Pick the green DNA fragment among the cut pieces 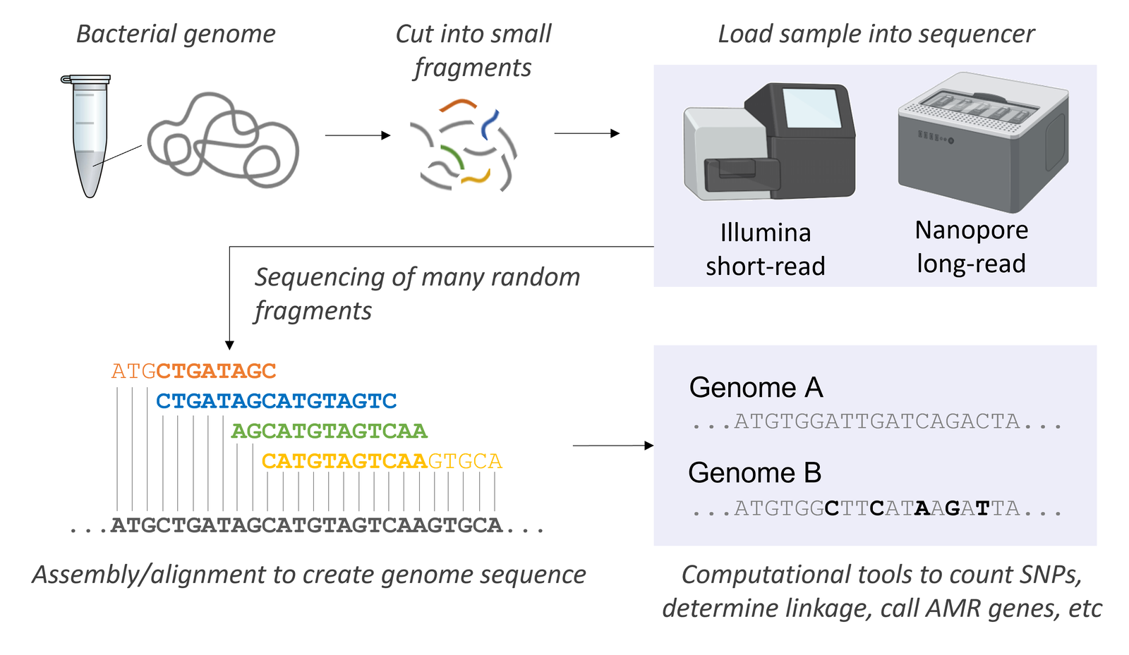[452, 157]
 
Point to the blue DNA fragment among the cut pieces [489, 124]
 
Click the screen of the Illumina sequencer [811, 108]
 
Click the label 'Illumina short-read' [766, 250]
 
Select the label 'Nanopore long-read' [971, 247]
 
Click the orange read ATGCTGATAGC [193, 371]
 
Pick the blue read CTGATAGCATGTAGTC [276, 401]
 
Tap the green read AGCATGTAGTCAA [329, 431]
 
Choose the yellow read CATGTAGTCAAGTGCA [381, 461]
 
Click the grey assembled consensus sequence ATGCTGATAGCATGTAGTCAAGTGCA [306, 525]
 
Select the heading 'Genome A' [756, 388]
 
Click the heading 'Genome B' [754, 473]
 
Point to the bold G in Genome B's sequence [952, 508]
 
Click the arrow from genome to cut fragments [357, 135]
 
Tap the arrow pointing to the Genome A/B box [612, 446]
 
